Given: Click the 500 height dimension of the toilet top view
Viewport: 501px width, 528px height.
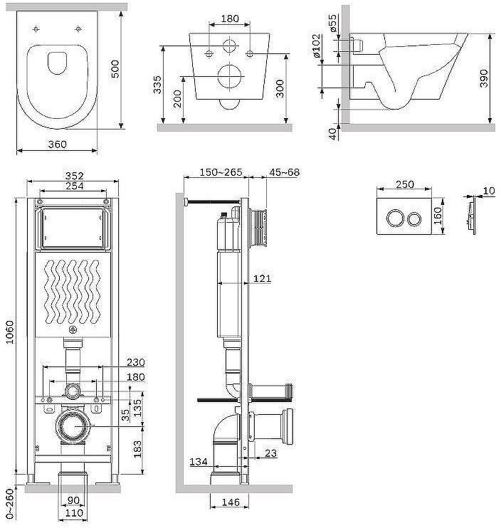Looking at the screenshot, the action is pyautogui.click(x=115, y=69).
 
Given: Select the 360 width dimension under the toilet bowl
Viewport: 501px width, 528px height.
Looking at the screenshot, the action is pyautogui.click(x=57, y=144).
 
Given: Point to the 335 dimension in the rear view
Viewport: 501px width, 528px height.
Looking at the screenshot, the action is pyautogui.click(x=157, y=85).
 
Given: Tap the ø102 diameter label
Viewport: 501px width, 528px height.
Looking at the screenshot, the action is pyautogui.click(x=316, y=46).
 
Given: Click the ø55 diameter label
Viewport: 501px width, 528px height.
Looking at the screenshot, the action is pyautogui.click(x=332, y=23).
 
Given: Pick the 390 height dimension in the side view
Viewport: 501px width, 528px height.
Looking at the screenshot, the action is pyautogui.click(x=483, y=78).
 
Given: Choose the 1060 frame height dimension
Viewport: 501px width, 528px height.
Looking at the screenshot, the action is pyautogui.click(x=10, y=332).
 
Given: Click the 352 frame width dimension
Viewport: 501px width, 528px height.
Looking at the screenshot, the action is pyautogui.click(x=75, y=176).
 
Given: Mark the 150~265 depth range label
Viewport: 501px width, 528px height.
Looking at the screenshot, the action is pyautogui.click(x=221, y=172).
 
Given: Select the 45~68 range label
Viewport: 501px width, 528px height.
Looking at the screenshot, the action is pyautogui.click(x=284, y=172).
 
